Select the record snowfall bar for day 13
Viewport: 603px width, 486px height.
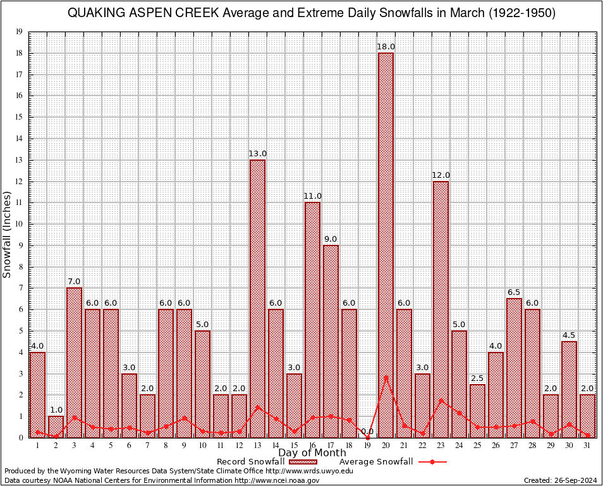257,298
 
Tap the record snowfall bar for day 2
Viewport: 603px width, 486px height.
56,427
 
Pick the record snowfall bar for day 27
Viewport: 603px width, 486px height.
514,368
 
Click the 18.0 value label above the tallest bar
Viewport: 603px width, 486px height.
386,47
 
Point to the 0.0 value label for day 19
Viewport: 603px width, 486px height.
367,432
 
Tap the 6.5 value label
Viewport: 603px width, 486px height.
514,292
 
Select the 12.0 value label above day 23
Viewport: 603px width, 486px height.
441,175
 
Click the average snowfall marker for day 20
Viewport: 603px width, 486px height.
386,377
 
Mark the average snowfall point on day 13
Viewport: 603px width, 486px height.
257,407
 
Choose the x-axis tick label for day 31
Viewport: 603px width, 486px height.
587,445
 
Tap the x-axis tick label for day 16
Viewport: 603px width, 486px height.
312,445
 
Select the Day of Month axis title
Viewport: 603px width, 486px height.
312,453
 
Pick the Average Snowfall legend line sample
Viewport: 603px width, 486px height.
432,462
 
